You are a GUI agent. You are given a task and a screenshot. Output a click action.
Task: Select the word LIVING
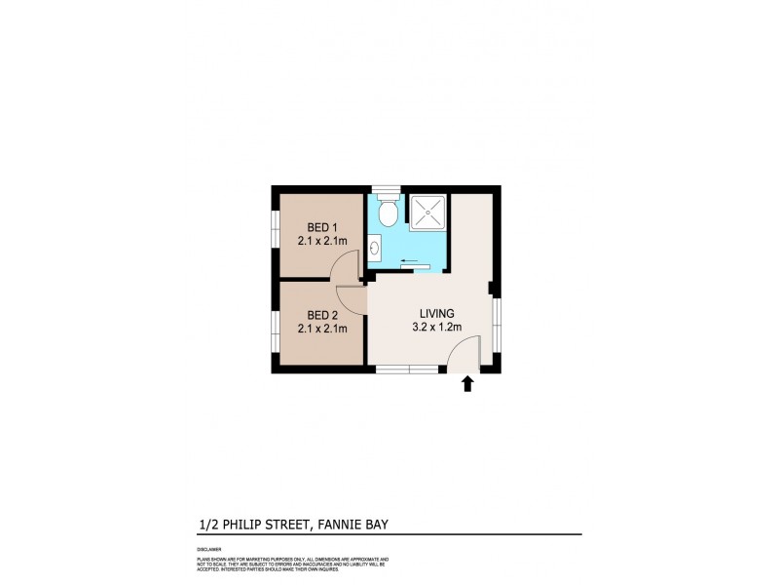tap(437, 313)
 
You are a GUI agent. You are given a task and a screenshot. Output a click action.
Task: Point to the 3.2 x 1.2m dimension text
tap(437, 328)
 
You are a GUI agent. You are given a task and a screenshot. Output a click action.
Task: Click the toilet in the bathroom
tap(388, 211)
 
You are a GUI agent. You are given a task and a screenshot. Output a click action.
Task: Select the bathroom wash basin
tap(375, 251)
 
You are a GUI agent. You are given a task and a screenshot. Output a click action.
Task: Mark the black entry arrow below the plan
tap(467, 384)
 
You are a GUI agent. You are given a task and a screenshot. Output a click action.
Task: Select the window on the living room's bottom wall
tap(407, 369)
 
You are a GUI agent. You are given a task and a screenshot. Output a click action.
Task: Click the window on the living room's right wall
tap(497, 323)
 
